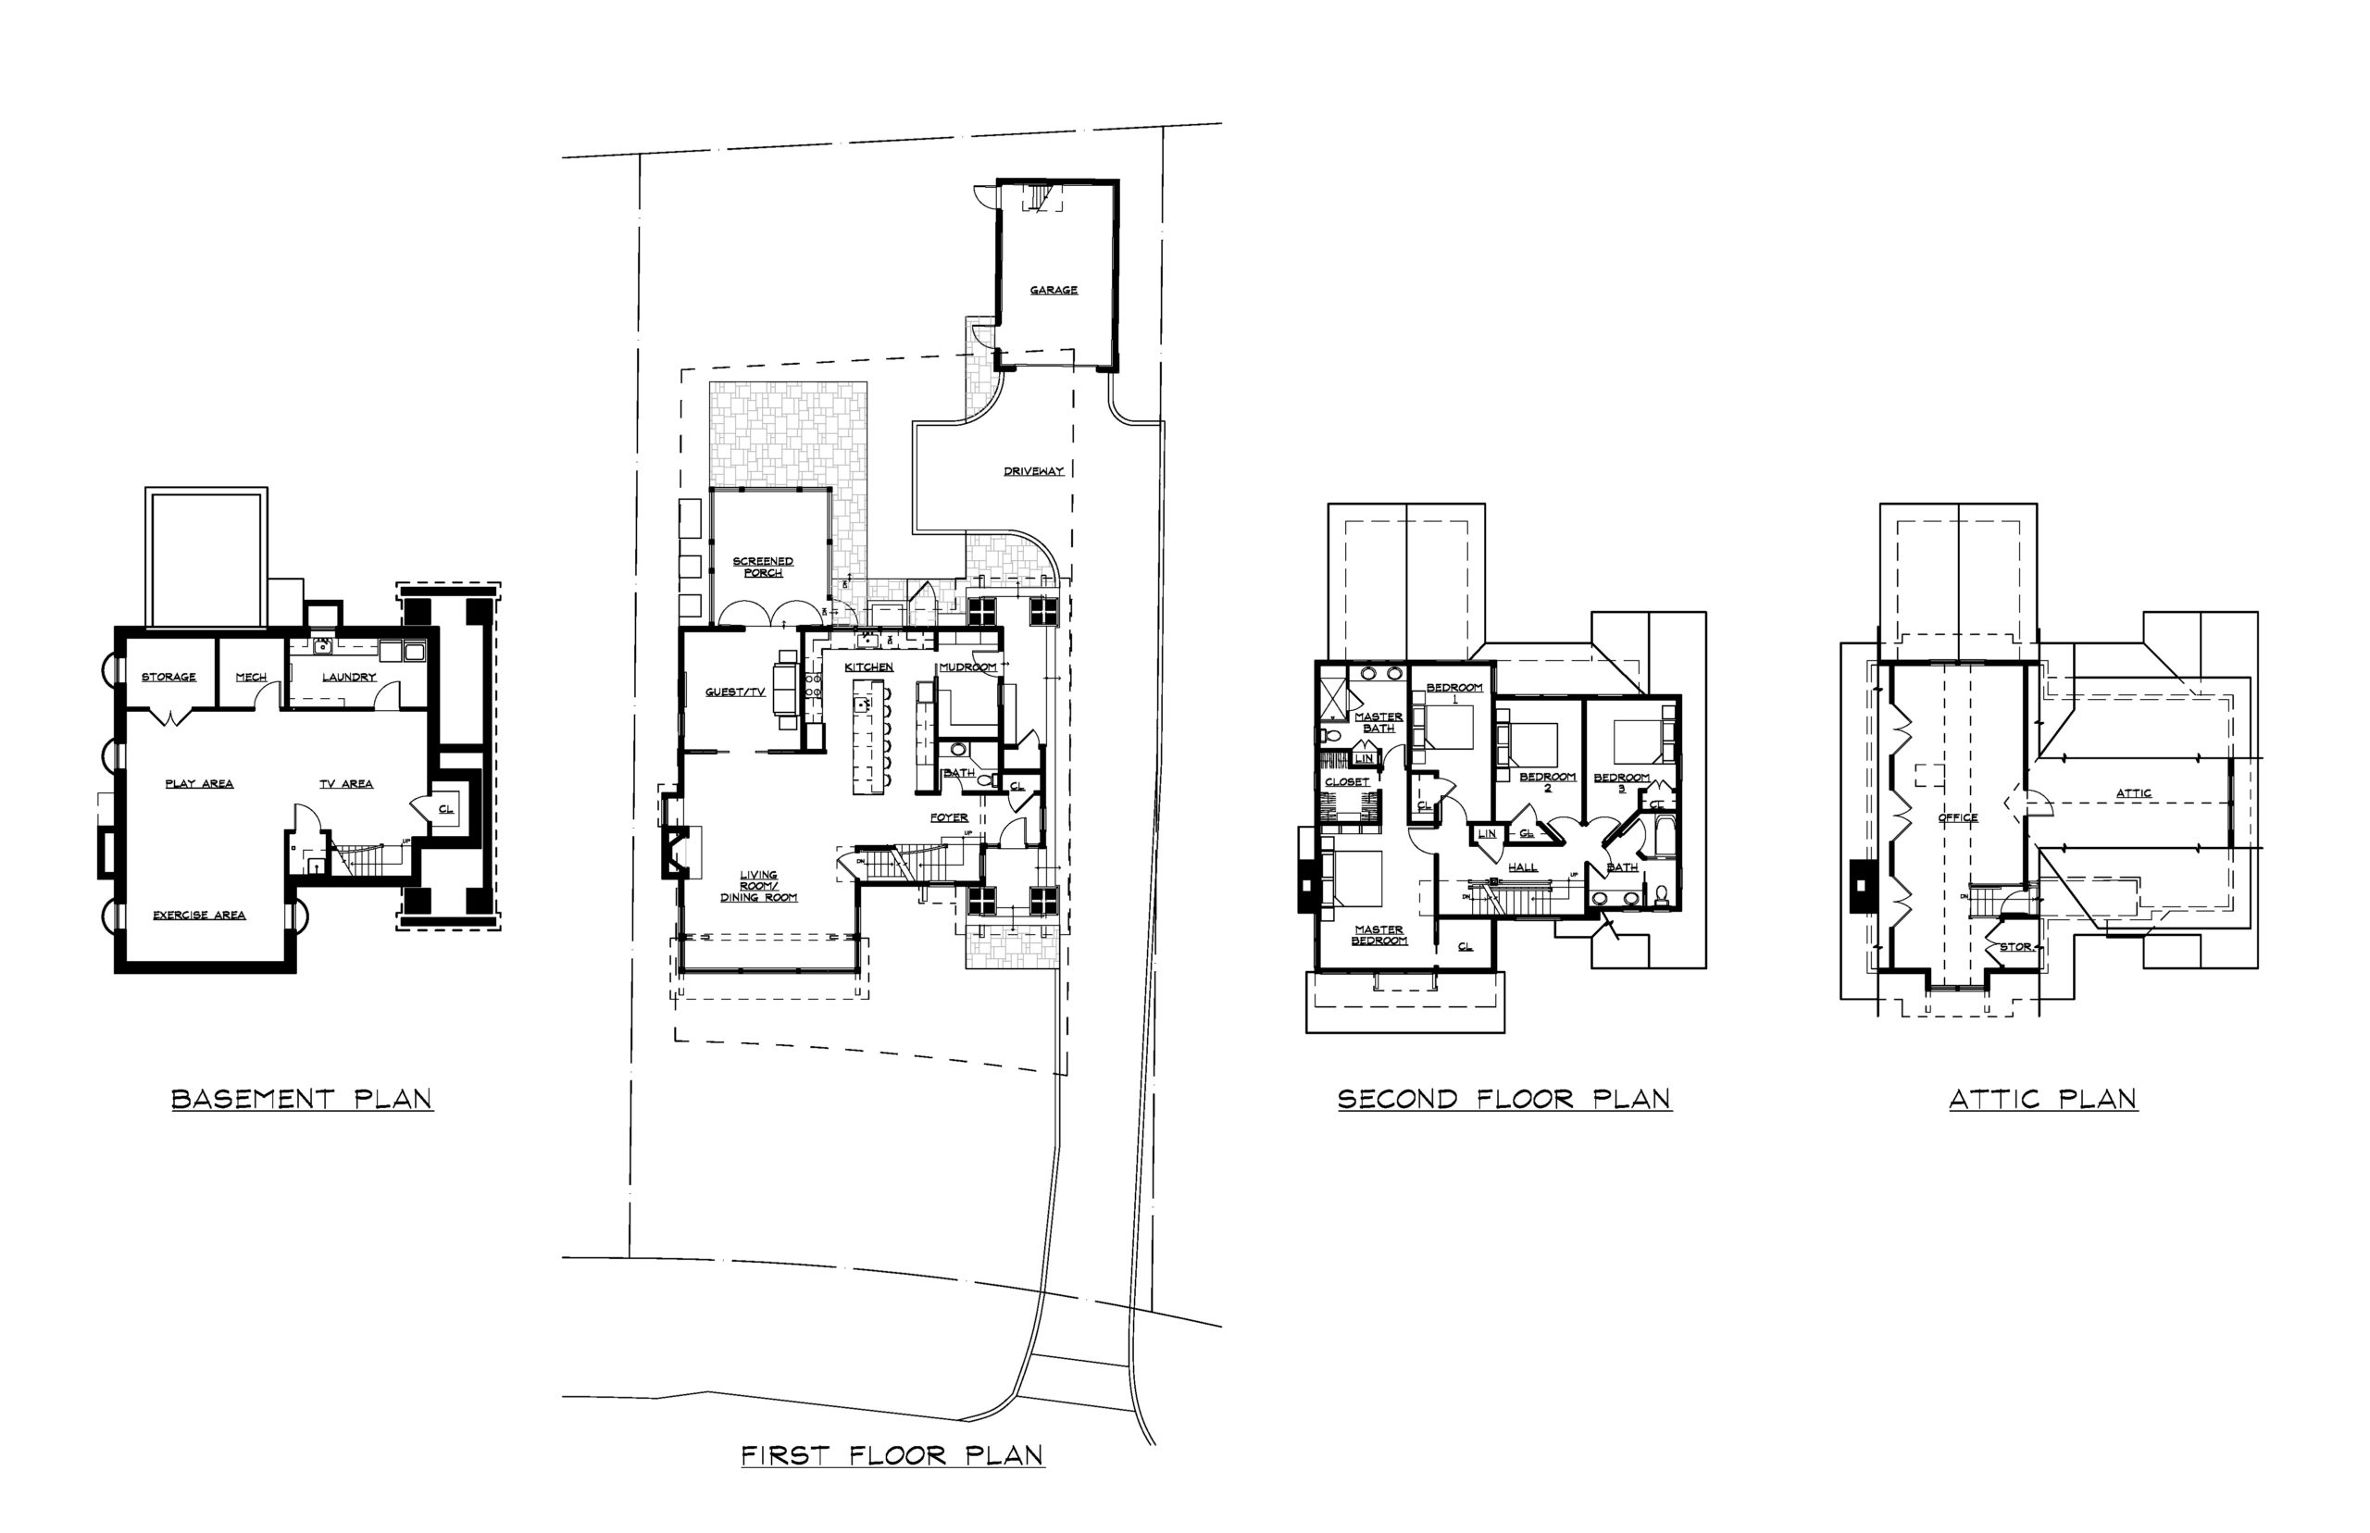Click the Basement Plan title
coord(302,1099)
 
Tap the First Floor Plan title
coord(892,1455)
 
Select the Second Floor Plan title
coord(1503,1099)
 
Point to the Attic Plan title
coord(2042,1099)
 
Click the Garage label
coord(1054,290)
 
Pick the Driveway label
coord(1033,471)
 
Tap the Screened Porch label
coord(763,567)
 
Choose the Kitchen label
coord(869,667)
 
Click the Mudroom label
coord(967,667)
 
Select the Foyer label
coord(949,817)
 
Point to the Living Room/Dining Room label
coord(758,886)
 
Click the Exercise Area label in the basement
coord(199,915)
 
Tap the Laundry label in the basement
coord(348,677)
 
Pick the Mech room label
coord(251,677)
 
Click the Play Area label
coord(199,783)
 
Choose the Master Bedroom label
coord(1378,935)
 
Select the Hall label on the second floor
coord(1522,867)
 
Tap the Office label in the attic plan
coord(1957,817)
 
